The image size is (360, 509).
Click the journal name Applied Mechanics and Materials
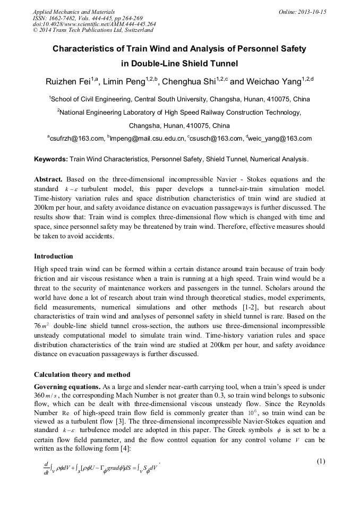(x=74, y=12)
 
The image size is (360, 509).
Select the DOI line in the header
(x=94, y=24)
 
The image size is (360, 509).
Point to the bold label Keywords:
(x=51, y=159)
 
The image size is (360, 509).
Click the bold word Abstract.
(x=48, y=179)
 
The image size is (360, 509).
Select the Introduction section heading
(x=54, y=256)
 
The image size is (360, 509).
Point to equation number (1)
(x=321, y=461)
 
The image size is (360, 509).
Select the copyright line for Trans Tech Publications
(x=93, y=30)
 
